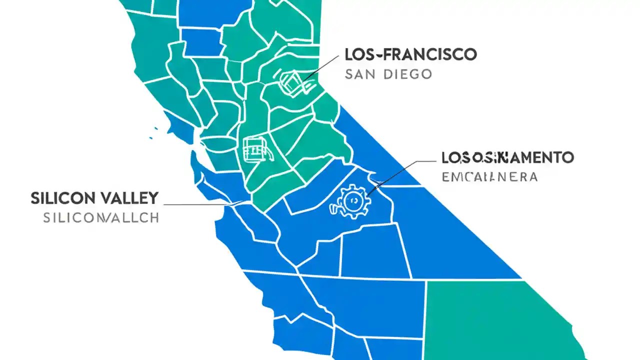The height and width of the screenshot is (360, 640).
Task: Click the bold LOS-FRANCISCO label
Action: pos(410,54)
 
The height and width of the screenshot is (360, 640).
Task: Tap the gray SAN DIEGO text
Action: pos(388,74)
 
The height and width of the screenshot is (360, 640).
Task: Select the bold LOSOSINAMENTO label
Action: pos(507,158)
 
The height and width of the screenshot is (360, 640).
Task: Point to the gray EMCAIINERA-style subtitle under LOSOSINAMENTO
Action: pos(489,176)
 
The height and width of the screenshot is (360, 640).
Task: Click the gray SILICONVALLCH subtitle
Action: pos(101,218)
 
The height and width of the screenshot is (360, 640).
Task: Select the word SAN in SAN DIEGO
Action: pos(359,74)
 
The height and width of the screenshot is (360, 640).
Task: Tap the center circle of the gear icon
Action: pos(352,199)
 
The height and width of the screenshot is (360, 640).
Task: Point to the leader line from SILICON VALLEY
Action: pos(200,204)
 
